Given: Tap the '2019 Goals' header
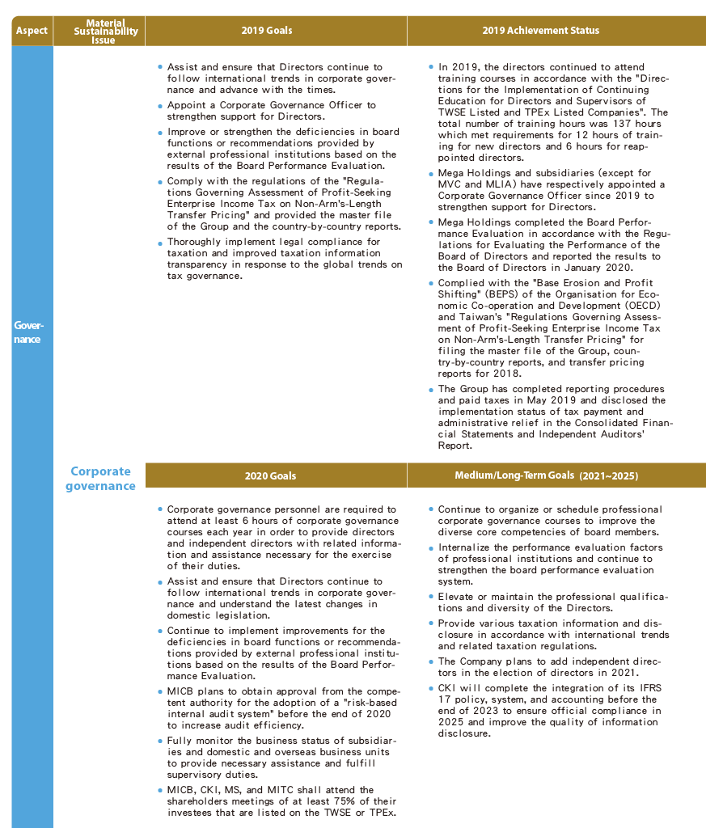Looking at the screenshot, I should pyautogui.click(x=267, y=31).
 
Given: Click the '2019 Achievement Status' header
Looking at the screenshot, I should pyautogui.click(x=540, y=31).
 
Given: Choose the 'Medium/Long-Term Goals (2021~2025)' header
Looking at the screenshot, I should pyautogui.click(x=547, y=476).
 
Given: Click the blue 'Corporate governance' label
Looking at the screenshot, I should pyautogui.click(x=100, y=479).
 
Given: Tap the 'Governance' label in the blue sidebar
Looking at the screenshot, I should pyautogui.click(x=29, y=332).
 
